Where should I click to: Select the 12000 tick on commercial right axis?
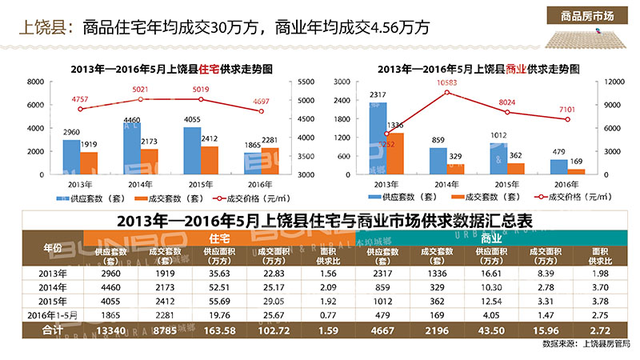click(x=611, y=82)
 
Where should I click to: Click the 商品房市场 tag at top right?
click(x=588, y=16)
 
